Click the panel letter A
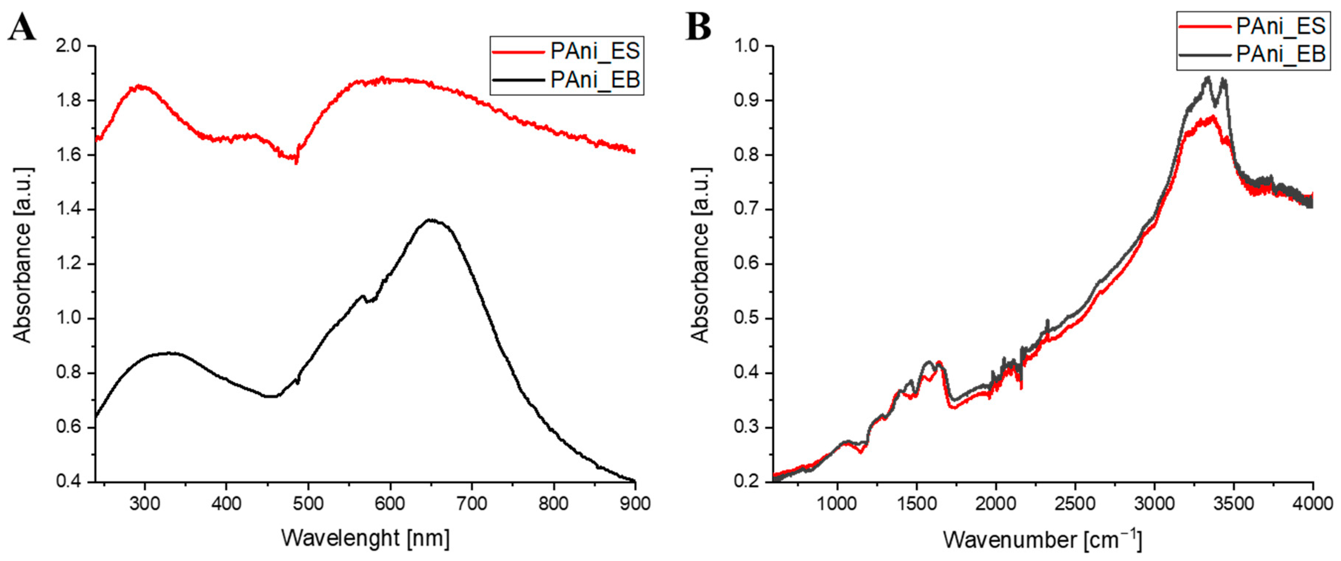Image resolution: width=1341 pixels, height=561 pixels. (22, 27)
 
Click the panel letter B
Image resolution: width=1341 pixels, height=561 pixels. (698, 27)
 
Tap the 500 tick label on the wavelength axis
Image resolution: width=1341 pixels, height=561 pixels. (308, 504)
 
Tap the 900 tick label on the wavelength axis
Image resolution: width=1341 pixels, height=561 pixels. (635, 504)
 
